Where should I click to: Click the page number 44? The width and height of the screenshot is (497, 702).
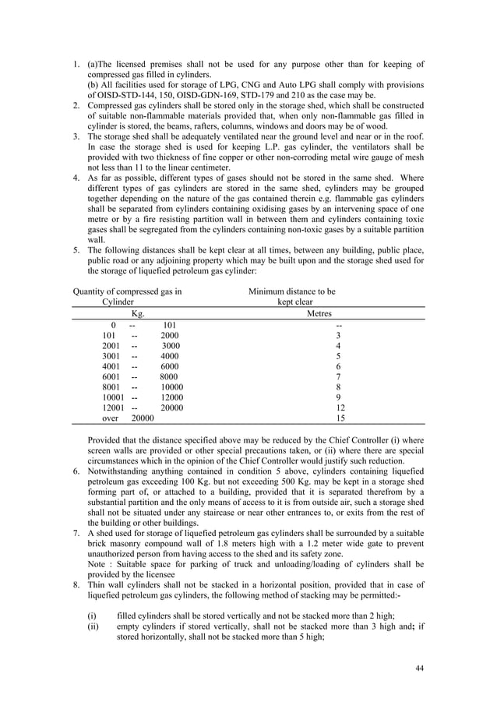(420, 668)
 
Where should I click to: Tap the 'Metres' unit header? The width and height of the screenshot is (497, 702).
(337, 313)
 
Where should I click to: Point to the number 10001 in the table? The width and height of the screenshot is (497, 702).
(116, 396)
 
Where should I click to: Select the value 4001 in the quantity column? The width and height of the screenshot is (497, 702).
(114, 366)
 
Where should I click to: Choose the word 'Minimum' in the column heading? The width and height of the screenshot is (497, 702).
(267, 291)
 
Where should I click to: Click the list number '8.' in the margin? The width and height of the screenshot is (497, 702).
(76, 584)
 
